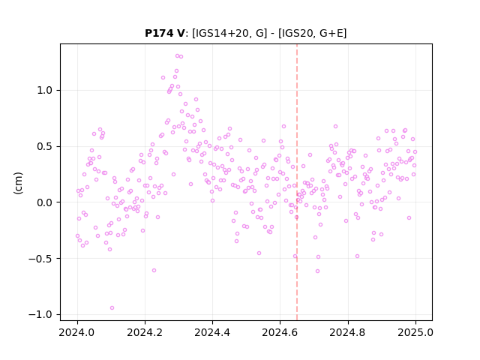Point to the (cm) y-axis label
pyautogui.click(x=18, y=183)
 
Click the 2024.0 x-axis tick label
pyautogui.click(x=77, y=332)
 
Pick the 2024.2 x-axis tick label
pyautogui.click(x=145, y=332)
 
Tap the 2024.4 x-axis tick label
pyautogui.click(x=212, y=332)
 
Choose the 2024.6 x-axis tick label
pyautogui.click(x=280, y=332)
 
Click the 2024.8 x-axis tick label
pyautogui.click(x=348, y=332)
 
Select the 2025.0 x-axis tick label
pyautogui.click(x=415, y=332)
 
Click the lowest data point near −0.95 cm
pyautogui.click(x=112, y=308)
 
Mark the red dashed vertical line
pyautogui.click(x=297, y=182)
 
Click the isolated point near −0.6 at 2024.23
pyautogui.click(x=154, y=270)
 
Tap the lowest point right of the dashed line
pyautogui.click(x=317, y=271)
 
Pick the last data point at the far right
pyautogui.click(x=415, y=151)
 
